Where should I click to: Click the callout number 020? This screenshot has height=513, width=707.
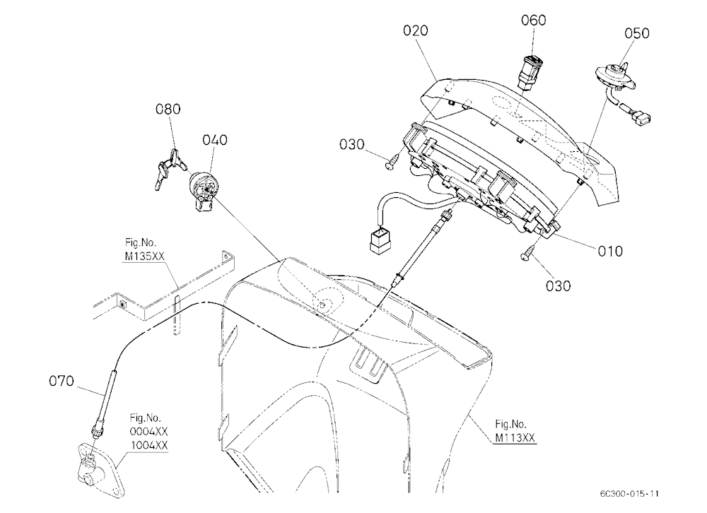tap(415, 30)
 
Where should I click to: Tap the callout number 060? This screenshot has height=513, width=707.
tap(533, 20)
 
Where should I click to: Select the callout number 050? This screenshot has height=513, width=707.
tap(637, 33)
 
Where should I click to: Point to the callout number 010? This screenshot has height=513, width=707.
tap(610, 251)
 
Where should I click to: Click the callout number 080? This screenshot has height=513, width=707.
tap(168, 109)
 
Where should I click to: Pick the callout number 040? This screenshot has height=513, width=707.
tap(215, 140)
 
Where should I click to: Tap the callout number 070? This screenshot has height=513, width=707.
tap(62, 382)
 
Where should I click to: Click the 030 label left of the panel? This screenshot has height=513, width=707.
tap(351, 145)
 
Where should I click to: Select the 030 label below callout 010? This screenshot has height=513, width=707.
tap(558, 285)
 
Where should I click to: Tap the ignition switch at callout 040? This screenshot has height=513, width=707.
tap(203, 191)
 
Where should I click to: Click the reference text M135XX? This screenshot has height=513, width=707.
tap(145, 256)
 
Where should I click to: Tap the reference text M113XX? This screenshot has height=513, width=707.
tap(515, 437)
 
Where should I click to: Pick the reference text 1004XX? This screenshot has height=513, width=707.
tap(149, 445)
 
